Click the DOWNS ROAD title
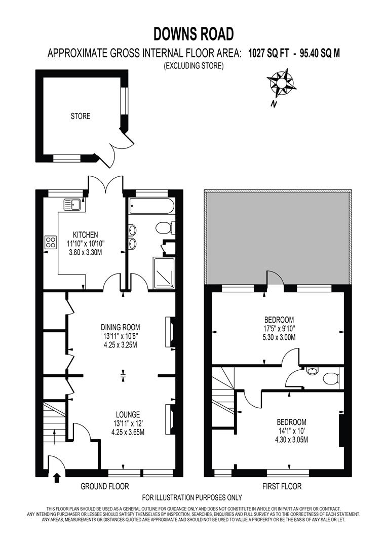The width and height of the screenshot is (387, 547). click(193, 34)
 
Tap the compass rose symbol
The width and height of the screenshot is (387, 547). click(282, 83)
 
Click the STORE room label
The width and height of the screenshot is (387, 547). click(80, 116)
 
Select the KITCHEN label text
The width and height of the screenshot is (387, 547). click(85, 235)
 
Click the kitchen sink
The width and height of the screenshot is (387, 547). click(71, 205)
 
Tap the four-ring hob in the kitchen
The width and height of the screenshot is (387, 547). click(51, 242)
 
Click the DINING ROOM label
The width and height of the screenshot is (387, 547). click(120, 327)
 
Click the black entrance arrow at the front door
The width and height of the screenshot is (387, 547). click(56, 476)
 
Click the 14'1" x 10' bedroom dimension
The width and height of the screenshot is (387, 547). click(291, 431)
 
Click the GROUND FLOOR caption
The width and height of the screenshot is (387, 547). click(105, 487)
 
